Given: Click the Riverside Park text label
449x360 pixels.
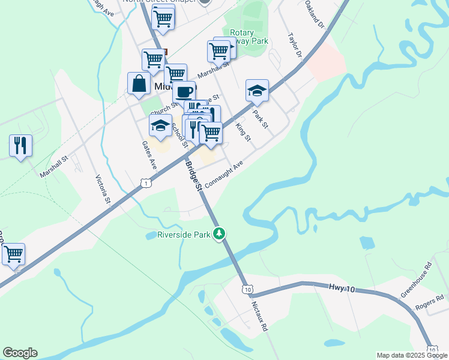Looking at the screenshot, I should (x=184, y=235).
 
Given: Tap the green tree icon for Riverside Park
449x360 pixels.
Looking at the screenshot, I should (x=220, y=233).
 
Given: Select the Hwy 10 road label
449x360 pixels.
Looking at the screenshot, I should (x=343, y=289).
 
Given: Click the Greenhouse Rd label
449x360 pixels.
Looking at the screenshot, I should (x=416, y=280).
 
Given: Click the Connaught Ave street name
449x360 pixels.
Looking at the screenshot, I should (x=223, y=173).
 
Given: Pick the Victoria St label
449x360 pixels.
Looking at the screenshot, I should (x=103, y=190).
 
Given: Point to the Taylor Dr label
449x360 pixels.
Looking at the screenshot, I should (x=294, y=46).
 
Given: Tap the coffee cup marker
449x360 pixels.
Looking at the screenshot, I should (x=184, y=92).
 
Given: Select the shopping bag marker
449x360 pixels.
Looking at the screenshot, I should (x=139, y=83).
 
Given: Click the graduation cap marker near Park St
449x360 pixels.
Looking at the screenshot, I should (x=257, y=91).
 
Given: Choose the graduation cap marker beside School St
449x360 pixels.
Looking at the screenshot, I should (x=160, y=125).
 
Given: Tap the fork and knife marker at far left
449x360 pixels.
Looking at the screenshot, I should (x=20, y=146).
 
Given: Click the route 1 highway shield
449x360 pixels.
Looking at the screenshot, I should (x=145, y=182).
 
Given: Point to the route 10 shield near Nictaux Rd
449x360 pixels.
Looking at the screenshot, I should (x=247, y=290).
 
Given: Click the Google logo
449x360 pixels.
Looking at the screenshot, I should (x=20, y=353).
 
